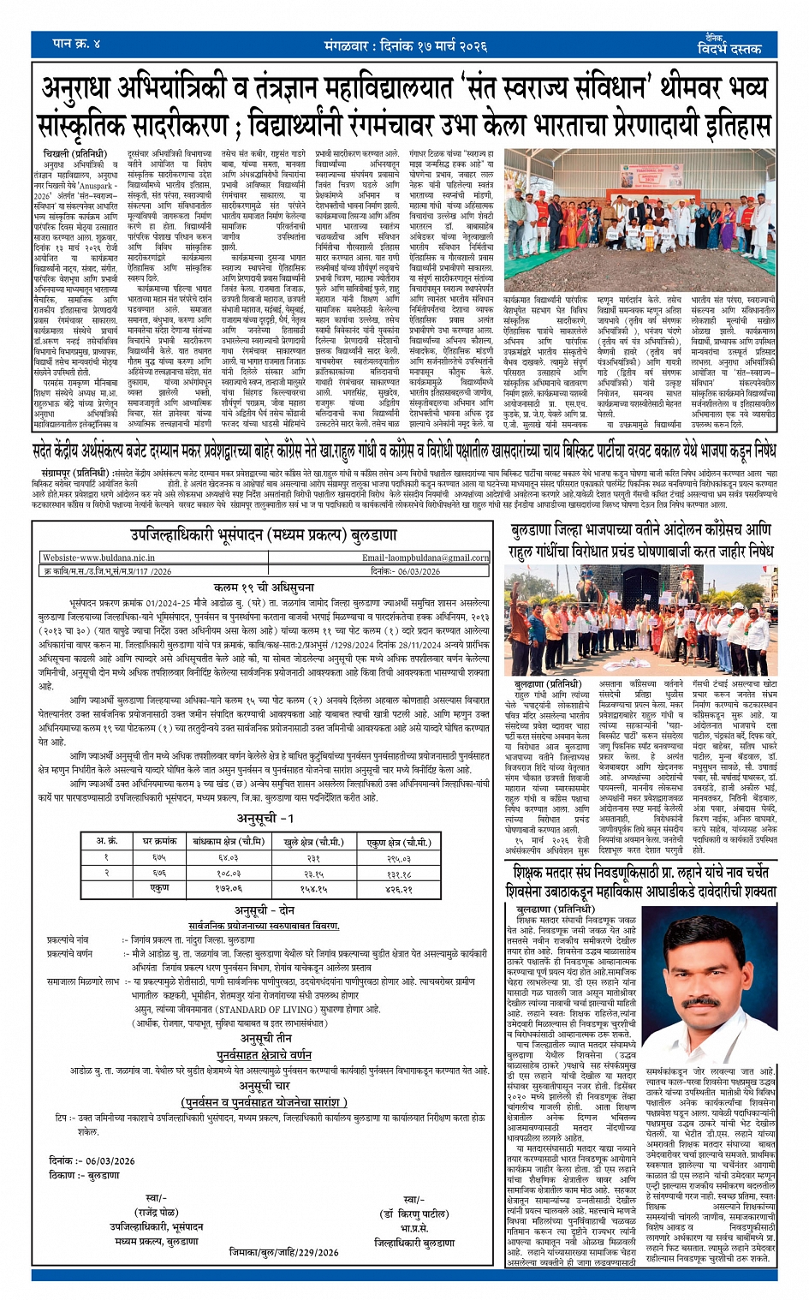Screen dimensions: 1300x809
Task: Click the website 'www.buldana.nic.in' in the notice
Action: pyautogui.click(x=98, y=557)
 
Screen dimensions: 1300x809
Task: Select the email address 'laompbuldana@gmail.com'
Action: pyautogui.click(x=425, y=557)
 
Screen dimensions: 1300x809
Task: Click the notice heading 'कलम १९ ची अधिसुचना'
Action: pyautogui.click(x=265, y=587)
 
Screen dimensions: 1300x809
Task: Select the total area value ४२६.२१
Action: pyautogui.click(x=398, y=887)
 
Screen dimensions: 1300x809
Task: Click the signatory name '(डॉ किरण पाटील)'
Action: pyautogui.click(x=414, y=1214)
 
